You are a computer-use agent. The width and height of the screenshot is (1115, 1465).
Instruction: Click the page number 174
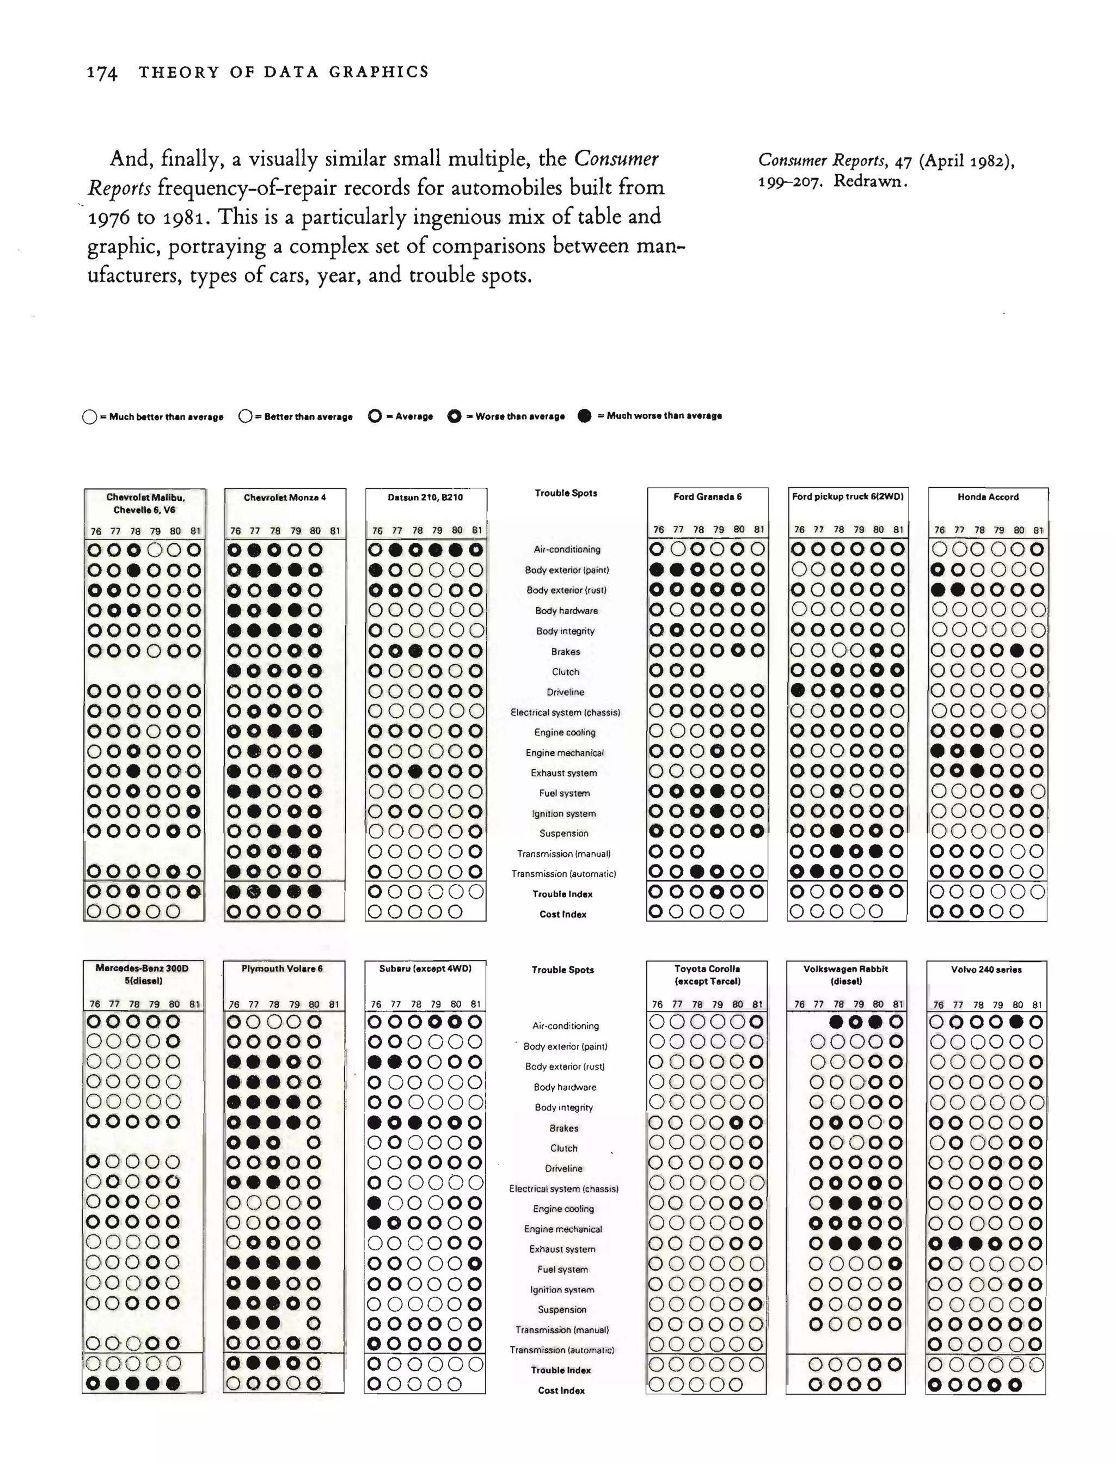click(102, 73)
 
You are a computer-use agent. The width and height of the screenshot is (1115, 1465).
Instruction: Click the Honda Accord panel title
click(988, 497)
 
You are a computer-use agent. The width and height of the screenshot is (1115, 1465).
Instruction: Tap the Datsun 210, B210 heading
click(425, 498)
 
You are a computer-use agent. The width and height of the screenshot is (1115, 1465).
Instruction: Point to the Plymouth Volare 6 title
click(282, 969)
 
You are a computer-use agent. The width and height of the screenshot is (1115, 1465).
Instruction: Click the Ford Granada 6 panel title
click(707, 497)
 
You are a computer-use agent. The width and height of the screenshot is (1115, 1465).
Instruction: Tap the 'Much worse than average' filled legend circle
click(584, 416)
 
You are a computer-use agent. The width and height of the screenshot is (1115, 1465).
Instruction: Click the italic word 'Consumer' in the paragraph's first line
click(616, 159)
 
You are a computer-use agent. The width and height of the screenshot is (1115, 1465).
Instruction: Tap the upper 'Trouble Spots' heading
click(566, 493)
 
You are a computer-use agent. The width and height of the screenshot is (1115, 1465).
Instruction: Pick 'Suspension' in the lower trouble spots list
click(562, 1310)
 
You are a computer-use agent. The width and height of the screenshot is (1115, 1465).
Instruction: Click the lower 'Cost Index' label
click(561, 1390)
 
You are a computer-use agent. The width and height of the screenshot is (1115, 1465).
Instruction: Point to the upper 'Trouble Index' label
click(562, 894)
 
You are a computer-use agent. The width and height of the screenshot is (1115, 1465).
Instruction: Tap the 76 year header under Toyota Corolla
click(657, 1004)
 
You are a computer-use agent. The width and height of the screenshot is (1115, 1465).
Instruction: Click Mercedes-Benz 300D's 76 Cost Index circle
click(94, 1384)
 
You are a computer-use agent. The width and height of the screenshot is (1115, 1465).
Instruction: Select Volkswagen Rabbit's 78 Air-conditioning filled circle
click(836, 1022)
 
